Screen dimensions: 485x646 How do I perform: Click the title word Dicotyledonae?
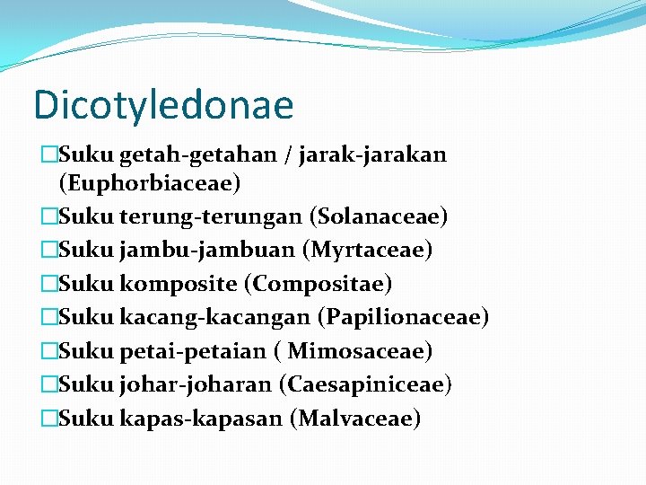point(163,104)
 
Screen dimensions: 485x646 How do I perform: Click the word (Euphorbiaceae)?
point(150,183)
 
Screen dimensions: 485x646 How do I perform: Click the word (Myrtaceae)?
point(371,250)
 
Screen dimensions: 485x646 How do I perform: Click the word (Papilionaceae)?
point(408,317)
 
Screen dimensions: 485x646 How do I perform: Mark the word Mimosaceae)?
point(360,351)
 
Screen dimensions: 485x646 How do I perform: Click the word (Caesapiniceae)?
point(364,384)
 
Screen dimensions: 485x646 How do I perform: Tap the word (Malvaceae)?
point(355,419)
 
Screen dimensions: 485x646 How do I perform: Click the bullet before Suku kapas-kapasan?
point(48,419)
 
